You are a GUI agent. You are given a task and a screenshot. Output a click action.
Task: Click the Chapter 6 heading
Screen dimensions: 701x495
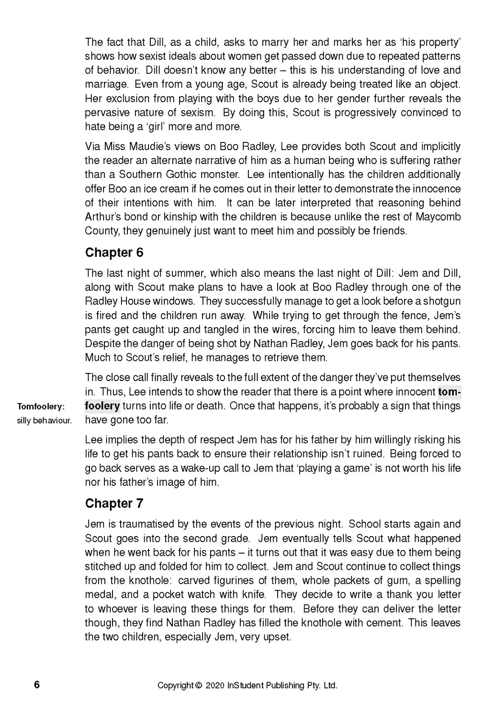coord(114,253)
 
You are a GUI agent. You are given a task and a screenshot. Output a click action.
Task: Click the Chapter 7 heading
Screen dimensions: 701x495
coord(114,503)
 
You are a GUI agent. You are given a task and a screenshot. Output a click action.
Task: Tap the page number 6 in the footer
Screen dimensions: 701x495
coord(37,684)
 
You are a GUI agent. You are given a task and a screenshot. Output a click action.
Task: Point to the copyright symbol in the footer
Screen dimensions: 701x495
coord(199,685)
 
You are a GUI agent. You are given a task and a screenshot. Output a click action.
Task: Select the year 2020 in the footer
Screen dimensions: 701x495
coord(215,685)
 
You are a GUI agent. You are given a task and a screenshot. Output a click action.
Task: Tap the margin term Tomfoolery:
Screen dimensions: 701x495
coord(41,407)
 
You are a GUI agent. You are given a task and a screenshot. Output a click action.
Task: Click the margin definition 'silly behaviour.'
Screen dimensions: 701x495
coord(44,421)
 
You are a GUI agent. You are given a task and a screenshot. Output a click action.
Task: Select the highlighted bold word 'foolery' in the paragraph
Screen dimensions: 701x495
coord(102,406)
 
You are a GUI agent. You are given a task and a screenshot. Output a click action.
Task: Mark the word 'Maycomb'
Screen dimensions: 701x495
coord(438,217)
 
